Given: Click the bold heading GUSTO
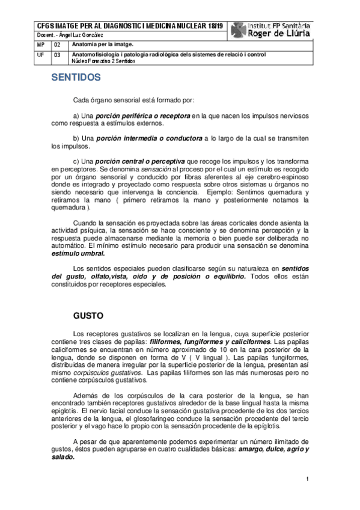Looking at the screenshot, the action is point(89,315).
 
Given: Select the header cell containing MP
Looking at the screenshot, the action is point(40,45).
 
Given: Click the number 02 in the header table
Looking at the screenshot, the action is point(57,45).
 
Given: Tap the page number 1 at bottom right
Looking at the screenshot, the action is point(307,479).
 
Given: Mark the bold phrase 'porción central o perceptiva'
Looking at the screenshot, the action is point(141,162).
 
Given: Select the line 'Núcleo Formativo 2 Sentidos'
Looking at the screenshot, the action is point(103,61).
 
